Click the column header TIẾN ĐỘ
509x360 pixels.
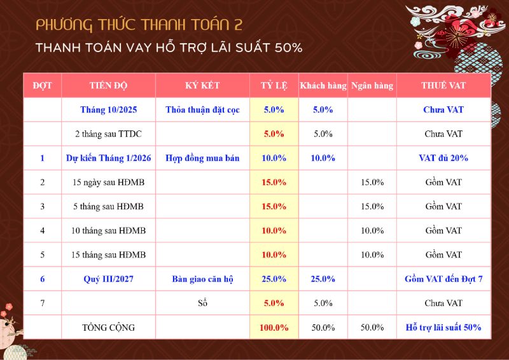[109, 86]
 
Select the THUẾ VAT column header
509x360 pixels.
[443, 86]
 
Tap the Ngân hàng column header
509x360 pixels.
[372, 86]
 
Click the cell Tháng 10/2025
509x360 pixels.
[109, 110]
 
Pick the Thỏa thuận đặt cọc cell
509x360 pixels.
[202, 110]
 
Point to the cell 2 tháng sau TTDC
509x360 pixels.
[109, 134]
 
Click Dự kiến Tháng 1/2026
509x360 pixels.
[109, 158]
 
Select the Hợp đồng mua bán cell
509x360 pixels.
[202, 158]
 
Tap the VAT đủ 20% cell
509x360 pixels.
[443, 158]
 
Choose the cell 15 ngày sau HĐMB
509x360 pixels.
[109, 183]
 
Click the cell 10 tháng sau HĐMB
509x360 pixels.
[109, 231]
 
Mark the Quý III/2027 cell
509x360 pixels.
[109, 279]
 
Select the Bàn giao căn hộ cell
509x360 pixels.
[202, 279]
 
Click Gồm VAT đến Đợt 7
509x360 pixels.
[443, 279]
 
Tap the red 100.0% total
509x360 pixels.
[274, 328]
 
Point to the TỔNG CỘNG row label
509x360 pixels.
[109, 328]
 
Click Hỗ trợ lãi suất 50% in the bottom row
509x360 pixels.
[443, 328]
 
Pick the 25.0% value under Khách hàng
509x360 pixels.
[323, 279]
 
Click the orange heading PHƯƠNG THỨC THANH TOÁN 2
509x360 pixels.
[139, 25]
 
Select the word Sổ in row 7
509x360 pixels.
[203, 303]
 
